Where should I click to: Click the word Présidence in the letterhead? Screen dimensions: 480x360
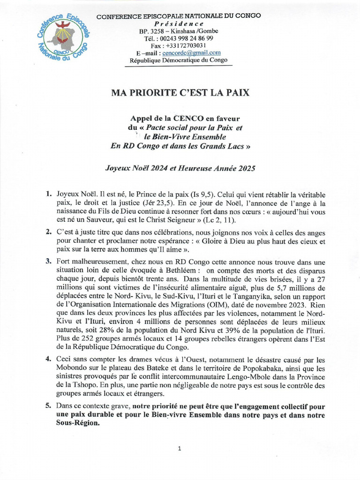pyautogui.click(x=179, y=23)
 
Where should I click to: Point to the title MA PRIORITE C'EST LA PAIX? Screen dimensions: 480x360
pyautogui.click(x=180, y=93)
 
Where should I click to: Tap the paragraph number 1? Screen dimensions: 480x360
pyautogui.click(x=49, y=194)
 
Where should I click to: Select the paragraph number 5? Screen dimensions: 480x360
pyautogui.click(x=49, y=406)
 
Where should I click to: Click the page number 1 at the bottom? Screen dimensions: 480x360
pyautogui.click(x=180, y=449)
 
